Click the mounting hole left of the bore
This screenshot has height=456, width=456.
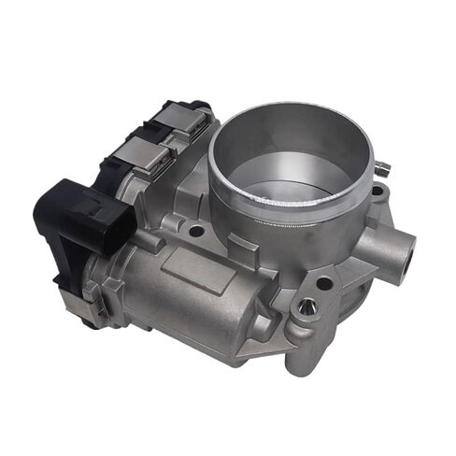click(195, 228)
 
